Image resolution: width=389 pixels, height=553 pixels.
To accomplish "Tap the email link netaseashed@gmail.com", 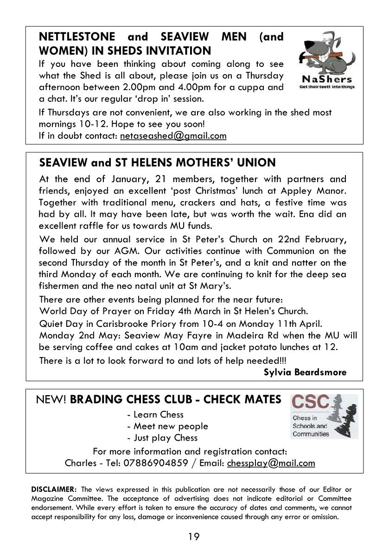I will tap(173, 136).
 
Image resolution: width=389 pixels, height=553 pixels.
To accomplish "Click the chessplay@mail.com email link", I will tap(271, 463).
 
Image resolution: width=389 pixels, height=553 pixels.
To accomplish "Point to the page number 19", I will tap(194, 537).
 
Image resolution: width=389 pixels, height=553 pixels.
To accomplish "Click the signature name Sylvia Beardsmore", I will tap(305, 372).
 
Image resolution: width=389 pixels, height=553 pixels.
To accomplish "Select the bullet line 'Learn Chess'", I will tap(155, 415).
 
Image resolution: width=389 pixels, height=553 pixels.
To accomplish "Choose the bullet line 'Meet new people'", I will tap(167, 426).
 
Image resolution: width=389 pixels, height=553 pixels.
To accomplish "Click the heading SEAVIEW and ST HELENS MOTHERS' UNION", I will tap(158, 163).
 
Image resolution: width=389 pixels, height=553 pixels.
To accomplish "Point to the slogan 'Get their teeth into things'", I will tap(327, 87).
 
